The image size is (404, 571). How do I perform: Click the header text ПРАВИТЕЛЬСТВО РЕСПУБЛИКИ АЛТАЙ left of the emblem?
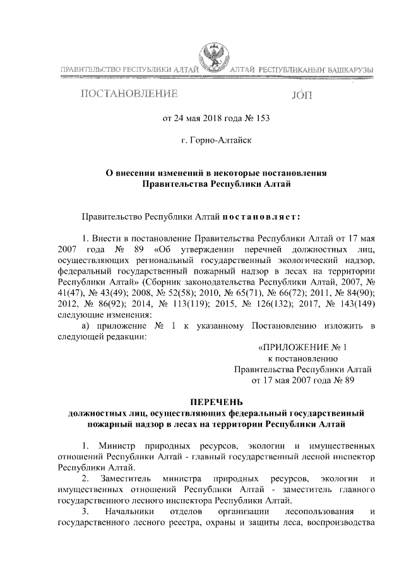(129, 69)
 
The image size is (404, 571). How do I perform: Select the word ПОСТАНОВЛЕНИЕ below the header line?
(129, 95)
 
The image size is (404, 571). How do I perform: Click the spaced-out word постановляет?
(262, 216)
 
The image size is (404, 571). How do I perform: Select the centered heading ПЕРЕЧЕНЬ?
(216, 402)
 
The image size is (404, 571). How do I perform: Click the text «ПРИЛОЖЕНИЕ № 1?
(303, 347)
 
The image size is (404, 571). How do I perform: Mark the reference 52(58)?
(189, 291)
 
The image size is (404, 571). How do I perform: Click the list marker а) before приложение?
(88, 325)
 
